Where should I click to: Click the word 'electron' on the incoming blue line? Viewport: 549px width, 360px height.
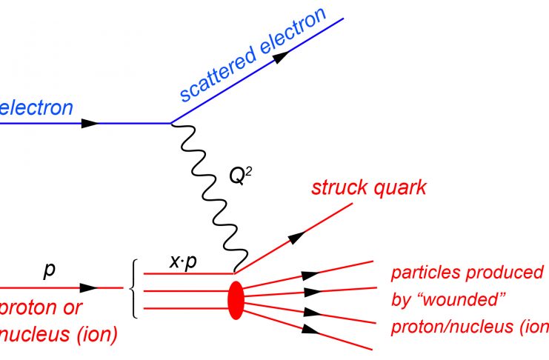tap(36, 108)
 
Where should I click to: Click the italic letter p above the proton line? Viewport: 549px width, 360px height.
tap(49, 270)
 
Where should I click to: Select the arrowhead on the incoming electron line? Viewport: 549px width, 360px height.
tap(90, 123)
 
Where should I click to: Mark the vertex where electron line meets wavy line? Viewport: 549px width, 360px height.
tap(170, 123)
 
